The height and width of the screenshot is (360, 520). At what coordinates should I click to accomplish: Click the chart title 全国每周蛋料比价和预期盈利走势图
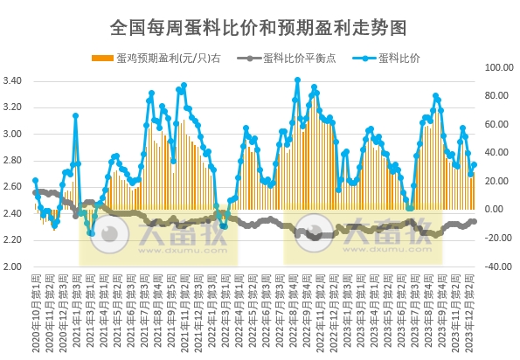[259, 27]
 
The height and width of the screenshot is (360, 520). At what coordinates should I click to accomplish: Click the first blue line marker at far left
[35, 181]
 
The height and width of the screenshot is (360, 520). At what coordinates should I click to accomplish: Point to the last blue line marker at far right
[475, 164]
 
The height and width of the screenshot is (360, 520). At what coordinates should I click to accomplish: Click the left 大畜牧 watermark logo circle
[108, 236]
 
